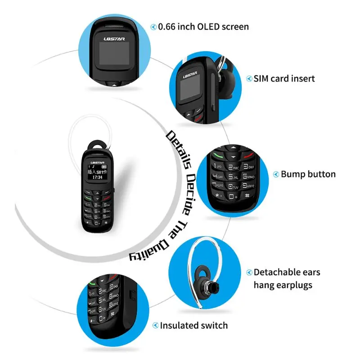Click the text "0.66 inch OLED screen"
coord(203,27)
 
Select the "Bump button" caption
coord(308,174)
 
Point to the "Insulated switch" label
coord(194,325)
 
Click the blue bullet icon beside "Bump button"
coord(276,175)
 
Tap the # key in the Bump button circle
coord(247,196)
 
